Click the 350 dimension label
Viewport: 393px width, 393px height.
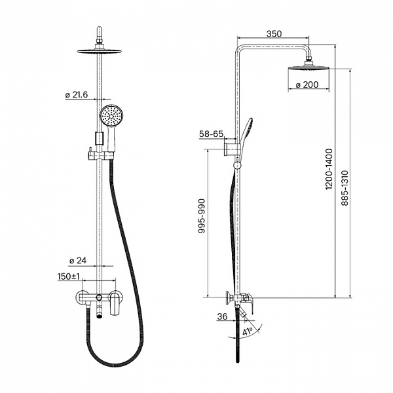[274, 33]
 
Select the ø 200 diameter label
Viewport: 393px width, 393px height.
[307, 84]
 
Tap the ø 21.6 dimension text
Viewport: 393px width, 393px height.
[77, 95]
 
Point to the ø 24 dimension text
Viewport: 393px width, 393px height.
[78, 261]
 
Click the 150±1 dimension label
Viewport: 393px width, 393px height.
[69, 276]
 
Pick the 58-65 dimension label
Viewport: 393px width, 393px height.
[211, 134]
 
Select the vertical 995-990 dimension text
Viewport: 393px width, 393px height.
[202, 216]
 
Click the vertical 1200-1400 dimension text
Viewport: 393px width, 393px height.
[329, 169]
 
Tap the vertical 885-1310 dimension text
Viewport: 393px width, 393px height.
[345, 188]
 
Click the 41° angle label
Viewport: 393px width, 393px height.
[247, 332]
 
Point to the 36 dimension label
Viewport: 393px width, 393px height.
[222, 316]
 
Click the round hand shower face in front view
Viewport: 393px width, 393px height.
[111, 116]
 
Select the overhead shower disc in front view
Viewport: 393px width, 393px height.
[100, 51]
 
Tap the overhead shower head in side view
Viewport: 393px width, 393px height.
[309, 68]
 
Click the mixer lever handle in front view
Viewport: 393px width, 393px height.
[115, 304]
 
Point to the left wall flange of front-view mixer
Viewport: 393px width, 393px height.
[81, 297]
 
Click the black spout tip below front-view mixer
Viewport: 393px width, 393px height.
[100, 316]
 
